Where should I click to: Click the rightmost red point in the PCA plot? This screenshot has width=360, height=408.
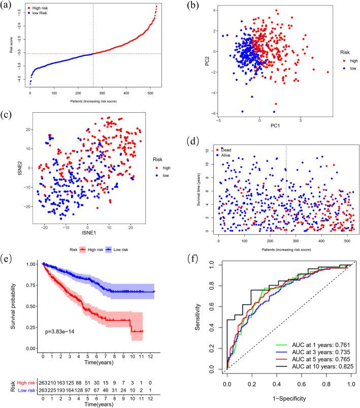(328, 72)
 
